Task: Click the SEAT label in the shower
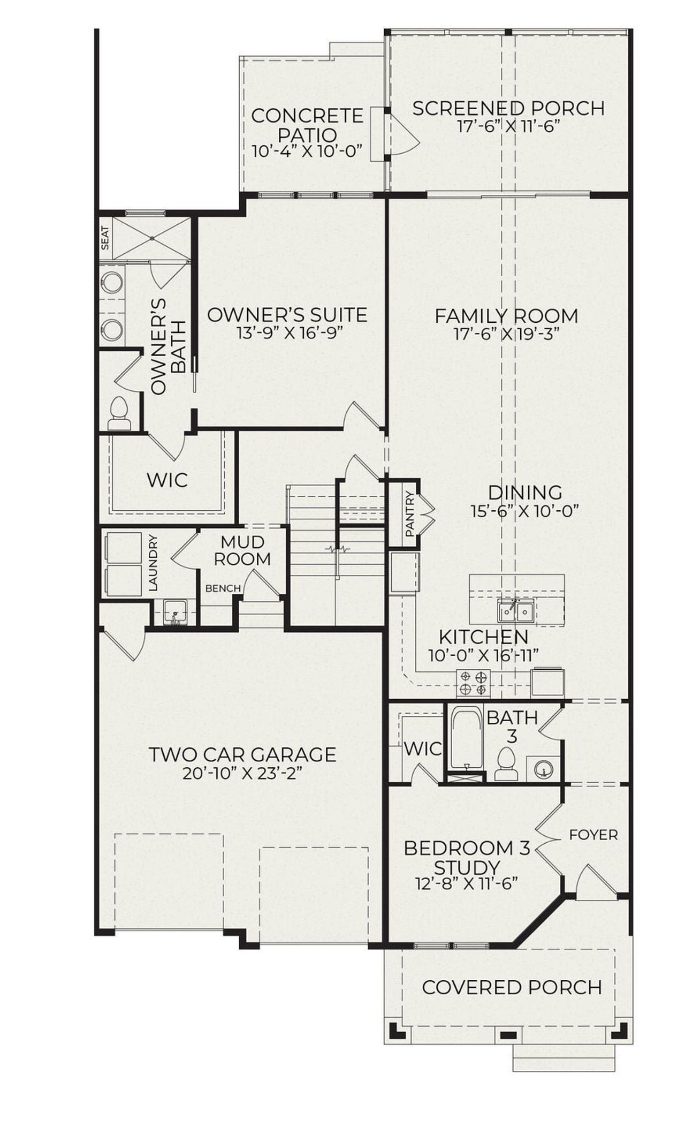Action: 105,238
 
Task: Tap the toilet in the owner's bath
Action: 119,414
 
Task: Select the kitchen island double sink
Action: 515,611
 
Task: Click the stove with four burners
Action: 473,683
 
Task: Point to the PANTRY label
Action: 410,514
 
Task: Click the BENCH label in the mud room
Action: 223,588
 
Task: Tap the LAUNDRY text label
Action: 154,563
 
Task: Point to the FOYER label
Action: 593,835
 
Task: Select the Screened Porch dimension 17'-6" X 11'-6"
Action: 508,126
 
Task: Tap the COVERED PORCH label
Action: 512,987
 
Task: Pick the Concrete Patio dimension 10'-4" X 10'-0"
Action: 307,151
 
